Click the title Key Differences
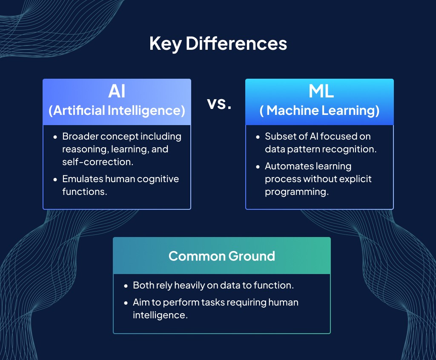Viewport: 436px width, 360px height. tap(218, 44)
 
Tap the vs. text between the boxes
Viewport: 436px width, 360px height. tap(219, 103)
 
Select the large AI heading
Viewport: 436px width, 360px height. tap(117, 91)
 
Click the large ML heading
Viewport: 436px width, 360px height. tap(319, 91)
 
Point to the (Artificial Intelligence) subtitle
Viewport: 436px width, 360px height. tap(117, 111)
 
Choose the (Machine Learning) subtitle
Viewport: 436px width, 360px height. tap(319, 111)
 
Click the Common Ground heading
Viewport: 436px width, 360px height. tap(221, 256)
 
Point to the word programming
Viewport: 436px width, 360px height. tap(295, 192)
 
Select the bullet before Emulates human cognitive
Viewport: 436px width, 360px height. tap(55, 179)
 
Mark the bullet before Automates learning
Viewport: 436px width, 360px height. tap(258, 166)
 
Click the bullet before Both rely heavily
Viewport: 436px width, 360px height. tap(126, 286)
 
